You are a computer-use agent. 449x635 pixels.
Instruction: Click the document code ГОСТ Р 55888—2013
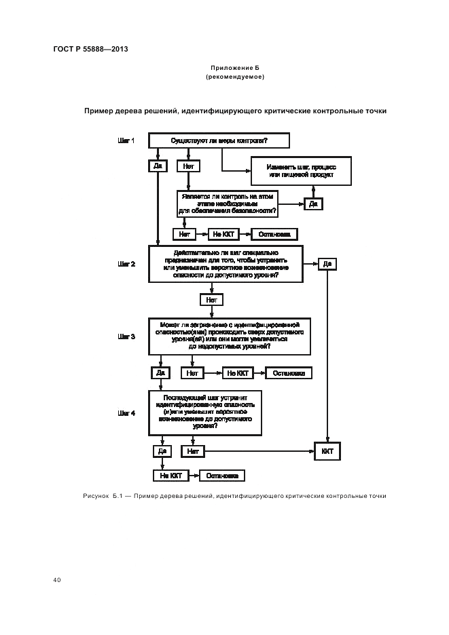tap(90, 50)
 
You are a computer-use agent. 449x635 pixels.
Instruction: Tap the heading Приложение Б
tap(235, 69)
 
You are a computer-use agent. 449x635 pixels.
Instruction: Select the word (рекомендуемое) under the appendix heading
tap(235, 77)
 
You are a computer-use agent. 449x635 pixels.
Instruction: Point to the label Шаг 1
tap(127, 141)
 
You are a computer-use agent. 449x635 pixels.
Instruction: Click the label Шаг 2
tap(127, 263)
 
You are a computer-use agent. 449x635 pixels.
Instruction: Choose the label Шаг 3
tap(127, 336)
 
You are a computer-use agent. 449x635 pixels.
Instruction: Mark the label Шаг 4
tap(127, 412)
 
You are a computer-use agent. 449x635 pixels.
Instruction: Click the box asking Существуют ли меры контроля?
tap(219, 141)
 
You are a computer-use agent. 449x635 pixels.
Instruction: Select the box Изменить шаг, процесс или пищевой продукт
tap(301, 171)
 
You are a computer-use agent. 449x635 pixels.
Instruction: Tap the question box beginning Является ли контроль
tap(228, 204)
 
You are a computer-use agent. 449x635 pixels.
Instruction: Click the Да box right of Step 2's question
tap(327, 264)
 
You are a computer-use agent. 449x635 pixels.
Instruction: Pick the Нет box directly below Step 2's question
tap(211, 299)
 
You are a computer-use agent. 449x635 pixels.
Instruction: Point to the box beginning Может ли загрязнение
tap(230, 336)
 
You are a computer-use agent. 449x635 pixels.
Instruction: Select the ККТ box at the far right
tap(327, 450)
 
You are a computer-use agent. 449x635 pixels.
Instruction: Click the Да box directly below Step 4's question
tap(161, 450)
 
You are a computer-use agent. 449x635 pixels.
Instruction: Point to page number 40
tap(57, 580)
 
